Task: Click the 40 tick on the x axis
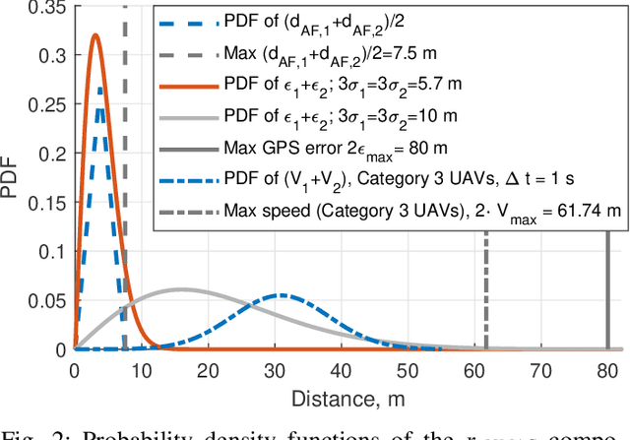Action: pos(342,372)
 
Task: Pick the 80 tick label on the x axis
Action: pos(607,372)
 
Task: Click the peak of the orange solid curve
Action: pos(95,35)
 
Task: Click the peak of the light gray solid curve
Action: pos(181,289)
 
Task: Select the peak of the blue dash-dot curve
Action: pos(282,295)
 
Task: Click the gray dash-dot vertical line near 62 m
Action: pos(486,295)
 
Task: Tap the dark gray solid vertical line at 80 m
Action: pos(608,295)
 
